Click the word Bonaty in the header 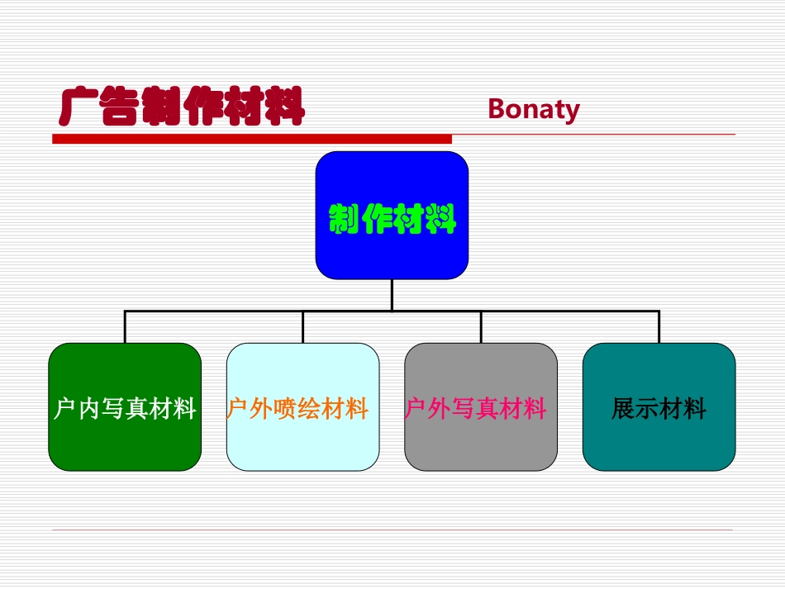(534, 109)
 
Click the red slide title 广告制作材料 (183, 107)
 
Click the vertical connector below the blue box (392, 294)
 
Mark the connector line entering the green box (125, 327)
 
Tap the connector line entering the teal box (659, 327)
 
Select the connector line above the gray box (481, 327)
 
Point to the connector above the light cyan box (302, 327)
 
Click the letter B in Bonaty (497, 109)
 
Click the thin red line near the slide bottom (392, 530)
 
